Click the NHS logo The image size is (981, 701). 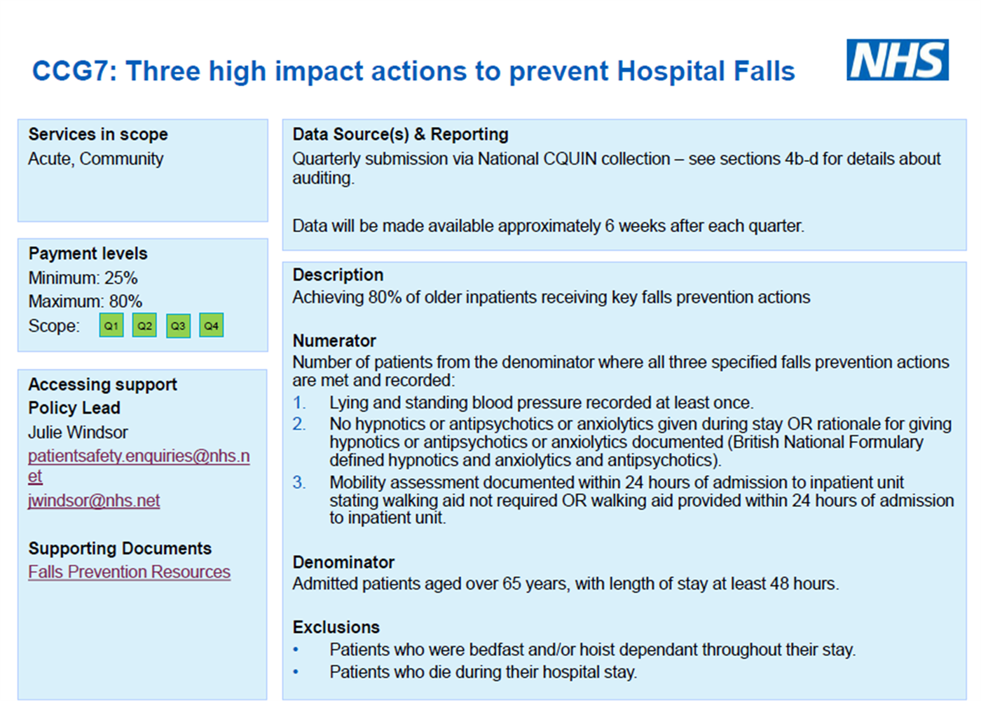coord(898,60)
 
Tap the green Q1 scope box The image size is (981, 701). coord(111,325)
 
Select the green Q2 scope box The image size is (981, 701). coord(144,325)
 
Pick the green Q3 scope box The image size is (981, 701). coord(178,325)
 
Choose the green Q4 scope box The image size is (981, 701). coord(211,325)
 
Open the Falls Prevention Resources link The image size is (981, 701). coord(129,572)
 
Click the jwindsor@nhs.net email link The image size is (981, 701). coord(94,501)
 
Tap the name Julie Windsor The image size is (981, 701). coord(78,433)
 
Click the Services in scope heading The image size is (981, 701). coord(98,134)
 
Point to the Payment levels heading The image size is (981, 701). coord(88,253)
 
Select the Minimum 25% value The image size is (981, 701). coord(83,278)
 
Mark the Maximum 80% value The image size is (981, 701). coord(85,301)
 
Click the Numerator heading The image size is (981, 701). coord(334,341)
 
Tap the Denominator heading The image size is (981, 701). coord(343,562)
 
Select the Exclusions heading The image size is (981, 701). coord(336,627)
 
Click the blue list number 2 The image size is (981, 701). coord(299,424)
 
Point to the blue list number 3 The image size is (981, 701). coord(299,482)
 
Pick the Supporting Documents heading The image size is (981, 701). coord(120,548)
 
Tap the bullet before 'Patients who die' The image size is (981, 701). coord(296,672)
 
